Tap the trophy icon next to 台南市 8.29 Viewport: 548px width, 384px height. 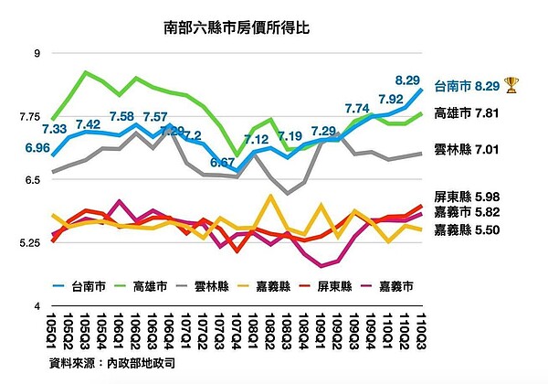(511, 86)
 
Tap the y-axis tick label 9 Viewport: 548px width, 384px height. (37, 54)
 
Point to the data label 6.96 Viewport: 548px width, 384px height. (37, 147)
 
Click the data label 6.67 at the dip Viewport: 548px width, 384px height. (222, 163)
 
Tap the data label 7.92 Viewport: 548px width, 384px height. (390, 99)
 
